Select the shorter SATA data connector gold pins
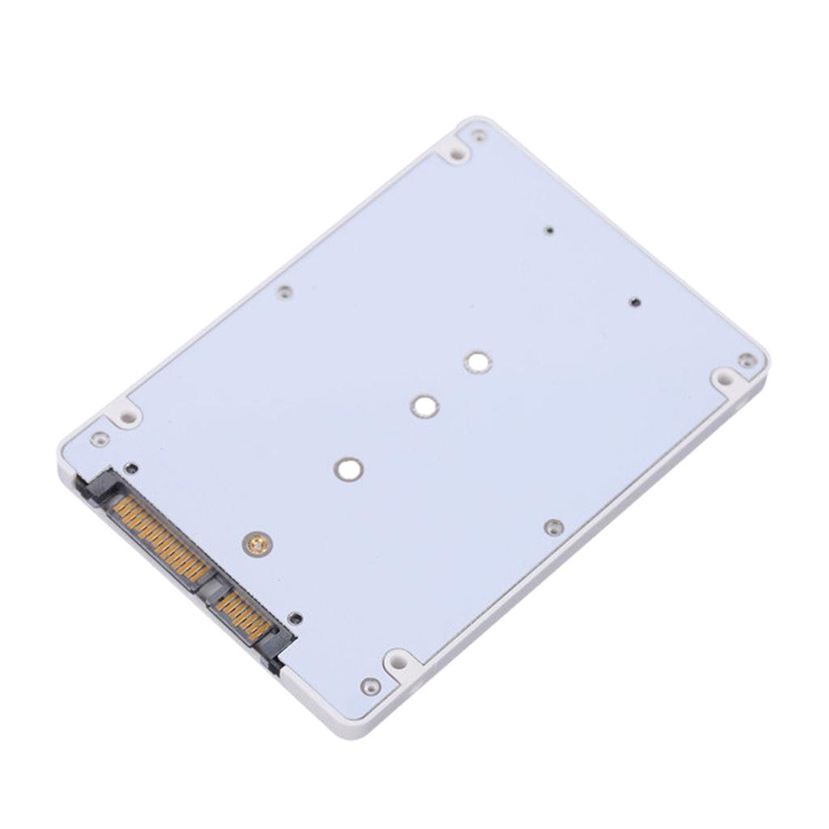pyautogui.click(x=242, y=614)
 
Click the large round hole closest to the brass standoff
pyautogui.click(x=349, y=469)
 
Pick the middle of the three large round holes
pyautogui.click(x=424, y=406)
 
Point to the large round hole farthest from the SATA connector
pyautogui.click(x=478, y=362)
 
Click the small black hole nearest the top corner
pyautogui.click(x=550, y=231)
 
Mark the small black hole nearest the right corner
pyautogui.click(x=635, y=302)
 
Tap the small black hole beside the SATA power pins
pyautogui.click(x=131, y=468)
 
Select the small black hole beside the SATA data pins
pyautogui.click(x=295, y=619)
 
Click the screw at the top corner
pyautogui.click(x=479, y=134)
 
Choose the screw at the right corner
pyautogui.click(x=746, y=359)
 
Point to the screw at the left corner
pyautogui.click(x=100, y=439)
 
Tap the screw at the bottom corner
pyautogui.click(x=370, y=686)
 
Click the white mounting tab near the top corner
pyautogui.click(x=456, y=151)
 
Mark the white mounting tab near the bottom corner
pyautogui.click(x=398, y=664)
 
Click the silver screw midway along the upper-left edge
pyautogui.click(x=283, y=291)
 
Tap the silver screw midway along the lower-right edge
pyautogui.click(x=554, y=527)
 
